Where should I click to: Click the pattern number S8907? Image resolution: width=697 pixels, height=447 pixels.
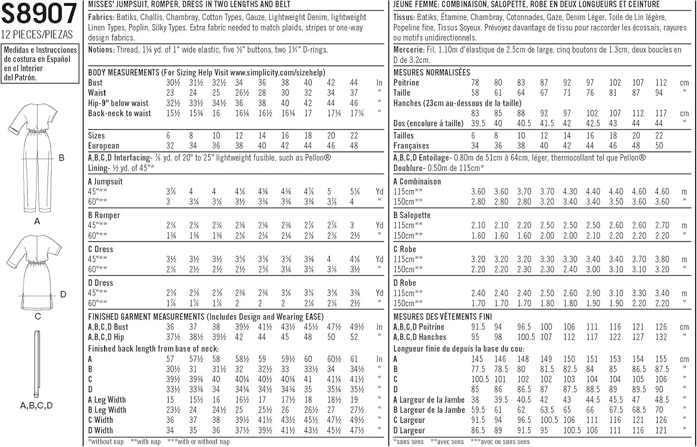pyautogui.click(x=39, y=14)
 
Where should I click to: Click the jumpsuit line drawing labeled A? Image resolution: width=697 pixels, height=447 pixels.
pyautogui.click(x=30, y=158)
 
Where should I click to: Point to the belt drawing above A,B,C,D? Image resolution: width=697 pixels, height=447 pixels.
pyautogui.click(x=37, y=362)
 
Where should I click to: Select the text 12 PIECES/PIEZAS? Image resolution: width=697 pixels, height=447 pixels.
pyautogui.click(x=37, y=35)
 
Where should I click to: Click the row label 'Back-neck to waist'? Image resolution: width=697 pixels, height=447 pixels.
pyautogui.click(x=119, y=113)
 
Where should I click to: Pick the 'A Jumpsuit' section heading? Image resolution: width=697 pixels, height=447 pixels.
pyautogui.click(x=105, y=181)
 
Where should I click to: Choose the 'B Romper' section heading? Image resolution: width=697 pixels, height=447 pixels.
pyautogui.click(x=104, y=215)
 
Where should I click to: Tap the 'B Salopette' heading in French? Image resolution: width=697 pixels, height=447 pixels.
pyautogui.click(x=412, y=215)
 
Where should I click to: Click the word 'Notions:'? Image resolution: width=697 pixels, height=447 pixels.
pyautogui.click(x=101, y=50)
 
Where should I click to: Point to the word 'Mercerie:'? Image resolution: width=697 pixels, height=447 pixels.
pyautogui.click(x=409, y=50)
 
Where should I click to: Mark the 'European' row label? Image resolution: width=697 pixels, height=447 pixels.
pyautogui.click(x=104, y=146)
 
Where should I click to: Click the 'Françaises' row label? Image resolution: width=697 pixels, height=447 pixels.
pyautogui.click(x=411, y=146)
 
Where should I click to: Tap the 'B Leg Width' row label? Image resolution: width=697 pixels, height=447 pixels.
pyautogui.click(x=107, y=410)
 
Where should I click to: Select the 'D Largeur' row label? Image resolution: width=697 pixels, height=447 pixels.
pyautogui.click(x=409, y=430)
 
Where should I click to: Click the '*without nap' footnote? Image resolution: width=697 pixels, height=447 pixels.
pyautogui.click(x=106, y=441)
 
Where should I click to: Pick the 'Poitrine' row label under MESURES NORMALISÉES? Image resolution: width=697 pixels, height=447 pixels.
pyautogui.click(x=406, y=83)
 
